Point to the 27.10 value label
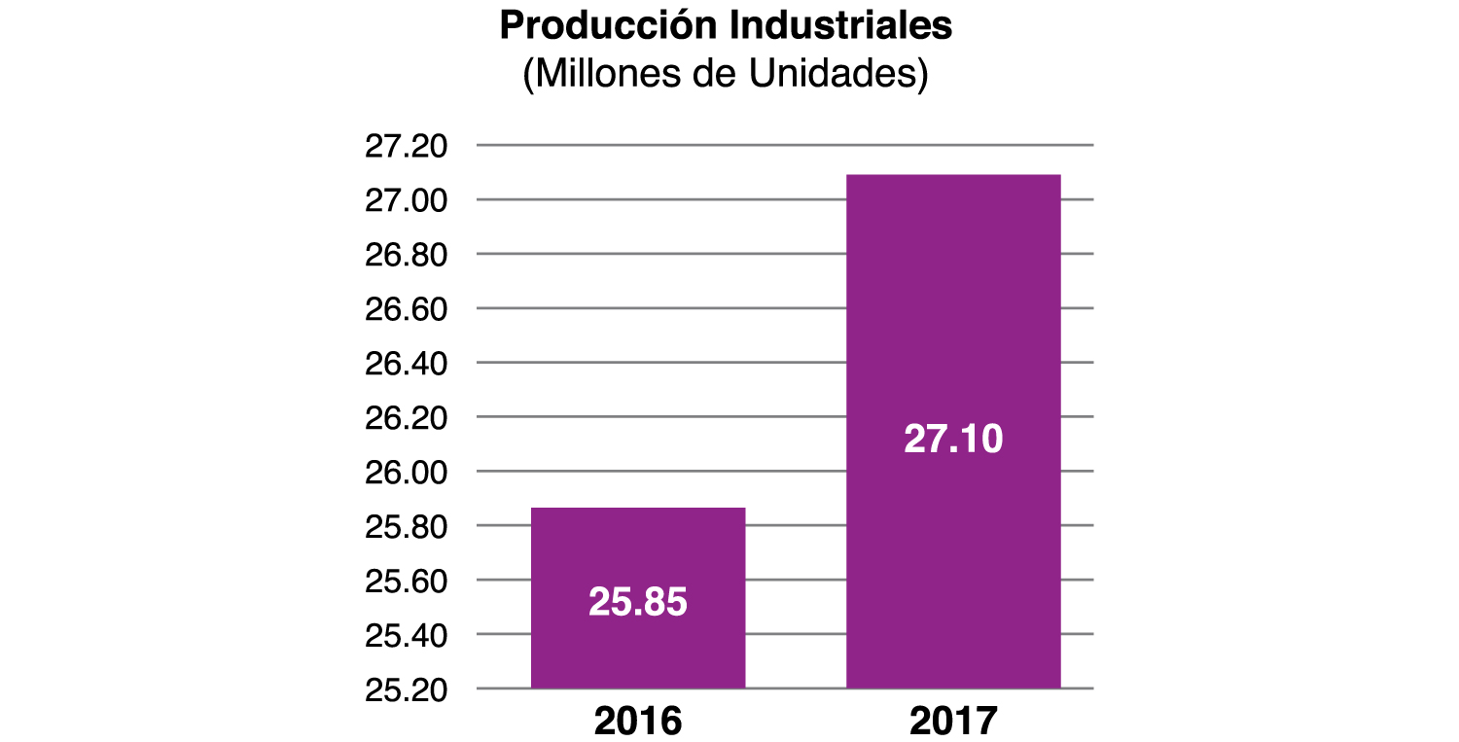(953, 440)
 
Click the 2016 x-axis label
(638, 722)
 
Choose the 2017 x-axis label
(954, 722)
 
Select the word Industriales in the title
(840, 26)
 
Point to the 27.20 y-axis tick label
(406, 147)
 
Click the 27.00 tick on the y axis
(406, 201)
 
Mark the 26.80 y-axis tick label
(406, 256)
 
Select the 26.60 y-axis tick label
(406, 309)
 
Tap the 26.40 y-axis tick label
(406, 364)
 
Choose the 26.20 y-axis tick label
(406, 418)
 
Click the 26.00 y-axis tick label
(406, 473)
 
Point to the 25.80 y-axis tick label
(406, 527)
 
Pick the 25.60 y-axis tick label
(406, 582)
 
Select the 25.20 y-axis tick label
(406, 689)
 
